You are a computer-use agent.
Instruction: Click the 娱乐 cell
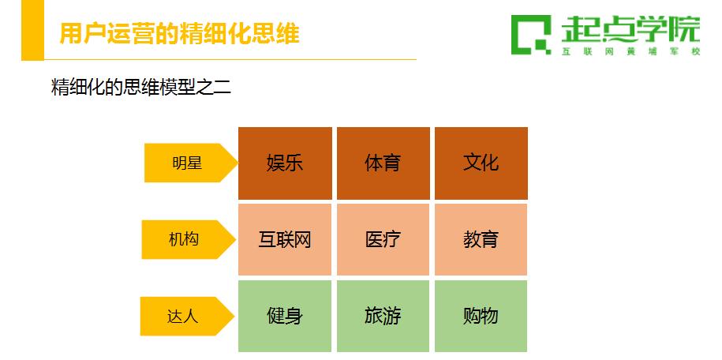click(x=285, y=163)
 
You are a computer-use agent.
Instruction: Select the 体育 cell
click(x=383, y=163)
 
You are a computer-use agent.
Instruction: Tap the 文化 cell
click(x=481, y=163)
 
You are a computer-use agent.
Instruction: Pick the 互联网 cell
click(x=285, y=240)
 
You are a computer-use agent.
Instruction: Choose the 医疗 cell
click(x=383, y=240)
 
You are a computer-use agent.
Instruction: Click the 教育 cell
click(x=481, y=240)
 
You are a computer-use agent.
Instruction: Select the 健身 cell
click(x=285, y=317)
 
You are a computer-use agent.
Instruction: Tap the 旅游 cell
click(x=383, y=317)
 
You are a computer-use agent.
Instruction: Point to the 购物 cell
click(x=481, y=317)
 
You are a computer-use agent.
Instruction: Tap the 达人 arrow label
click(x=187, y=317)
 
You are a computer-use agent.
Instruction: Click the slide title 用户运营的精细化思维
click(x=180, y=34)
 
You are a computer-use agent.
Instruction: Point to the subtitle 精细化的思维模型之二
click(x=141, y=87)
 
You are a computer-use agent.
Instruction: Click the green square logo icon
click(x=531, y=35)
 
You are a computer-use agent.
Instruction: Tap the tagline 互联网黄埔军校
click(x=630, y=51)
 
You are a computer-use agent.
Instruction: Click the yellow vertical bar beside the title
click(x=32, y=30)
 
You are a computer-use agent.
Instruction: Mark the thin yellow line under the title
click(x=230, y=59)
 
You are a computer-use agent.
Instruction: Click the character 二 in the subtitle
click(x=223, y=88)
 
